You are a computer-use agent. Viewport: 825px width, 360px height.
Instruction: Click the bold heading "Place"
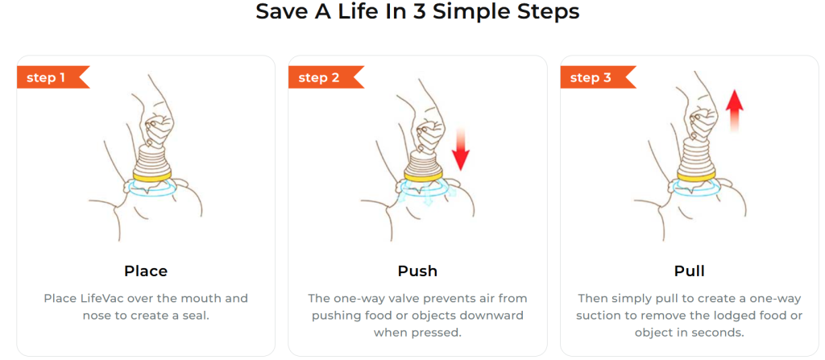(x=146, y=271)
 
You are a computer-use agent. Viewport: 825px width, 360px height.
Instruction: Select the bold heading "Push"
(x=418, y=271)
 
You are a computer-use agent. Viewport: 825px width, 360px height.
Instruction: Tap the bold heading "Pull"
(x=690, y=271)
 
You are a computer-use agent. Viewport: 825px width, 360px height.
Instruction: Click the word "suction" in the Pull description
(x=621, y=316)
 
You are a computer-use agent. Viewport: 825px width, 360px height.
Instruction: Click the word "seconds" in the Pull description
(x=723, y=333)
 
